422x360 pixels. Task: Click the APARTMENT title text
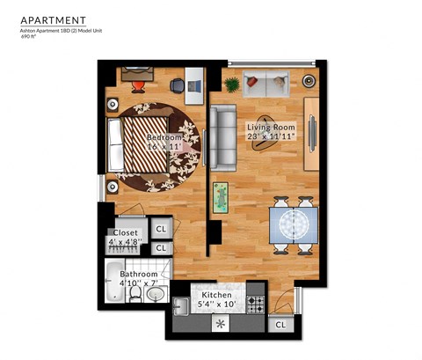click(x=54, y=19)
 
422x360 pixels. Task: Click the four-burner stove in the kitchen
click(x=256, y=305)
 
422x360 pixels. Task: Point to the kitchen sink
click(x=181, y=307)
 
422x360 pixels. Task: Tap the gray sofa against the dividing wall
click(x=222, y=137)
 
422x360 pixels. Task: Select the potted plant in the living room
click(x=232, y=84)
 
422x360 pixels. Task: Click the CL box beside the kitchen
click(x=280, y=324)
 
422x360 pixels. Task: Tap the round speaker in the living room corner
click(x=309, y=80)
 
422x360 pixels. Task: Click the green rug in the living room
click(x=220, y=198)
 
